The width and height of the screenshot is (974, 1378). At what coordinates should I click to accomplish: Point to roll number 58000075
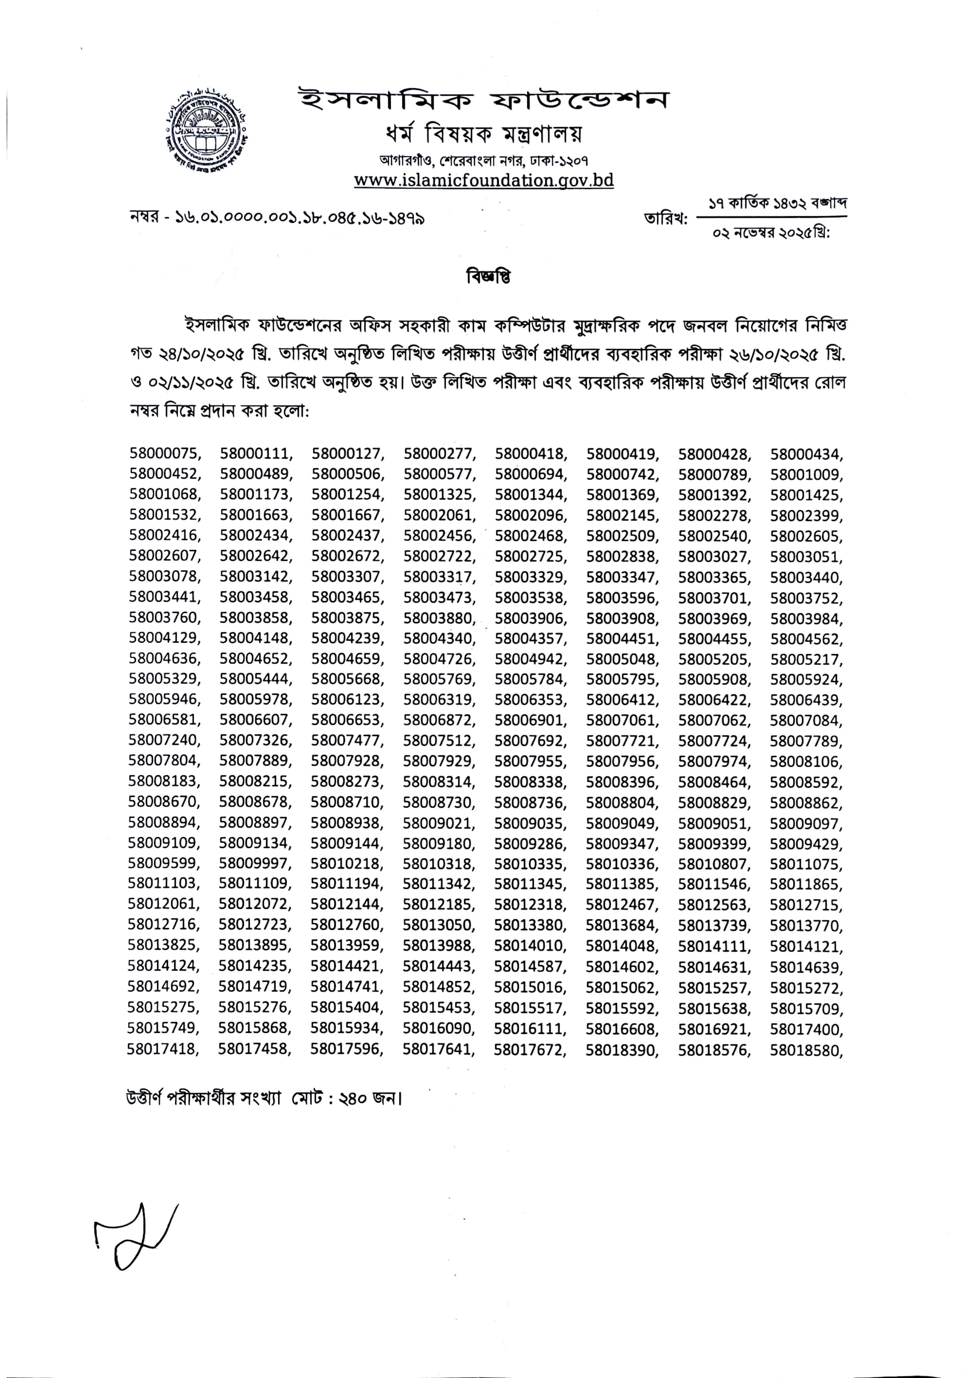tap(164, 453)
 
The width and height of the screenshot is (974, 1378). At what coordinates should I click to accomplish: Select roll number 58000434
tap(805, 453)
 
